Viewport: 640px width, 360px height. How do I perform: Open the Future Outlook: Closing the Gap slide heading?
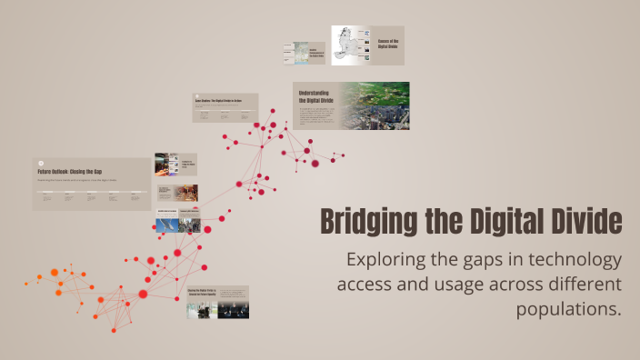coord(69,172)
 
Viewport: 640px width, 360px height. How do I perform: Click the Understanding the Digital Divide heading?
coord(314,95)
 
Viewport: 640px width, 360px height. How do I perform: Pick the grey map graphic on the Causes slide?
coord(346,45)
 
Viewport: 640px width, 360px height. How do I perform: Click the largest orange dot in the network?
coord(55,273)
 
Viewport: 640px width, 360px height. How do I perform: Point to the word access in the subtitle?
coord(364,285)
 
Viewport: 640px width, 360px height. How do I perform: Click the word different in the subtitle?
coord(575,285)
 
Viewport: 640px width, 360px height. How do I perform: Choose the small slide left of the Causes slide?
coord(305,53)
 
